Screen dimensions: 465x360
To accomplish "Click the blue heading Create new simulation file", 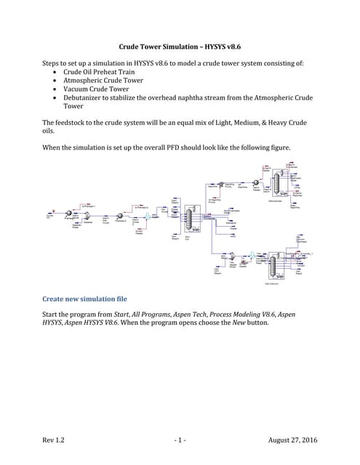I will point(84,299).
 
